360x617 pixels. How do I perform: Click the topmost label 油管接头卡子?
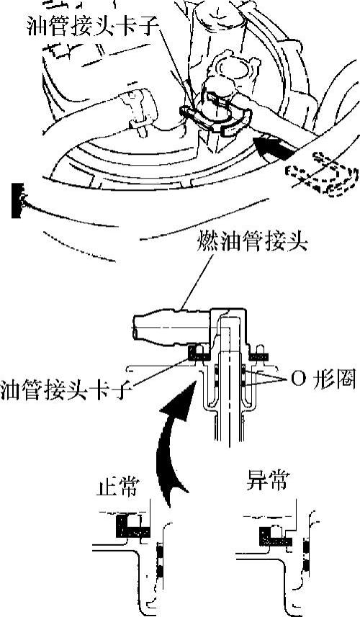point(93,27)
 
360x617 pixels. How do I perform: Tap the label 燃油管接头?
point(252,243)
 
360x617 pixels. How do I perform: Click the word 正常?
point(117,488)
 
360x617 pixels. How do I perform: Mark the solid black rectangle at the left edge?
point(16,200)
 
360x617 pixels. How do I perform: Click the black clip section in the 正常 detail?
point(132,526)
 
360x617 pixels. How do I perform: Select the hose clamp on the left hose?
point(138,109)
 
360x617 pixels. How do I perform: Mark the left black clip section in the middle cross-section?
point(200,353)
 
